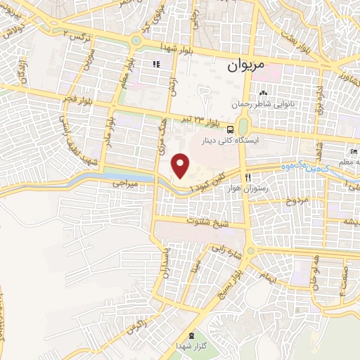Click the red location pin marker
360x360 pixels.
(x=181, y=165)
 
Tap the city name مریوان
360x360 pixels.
(x=245, y=66)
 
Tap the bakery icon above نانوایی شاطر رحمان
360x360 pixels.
(x=264, y=93)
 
